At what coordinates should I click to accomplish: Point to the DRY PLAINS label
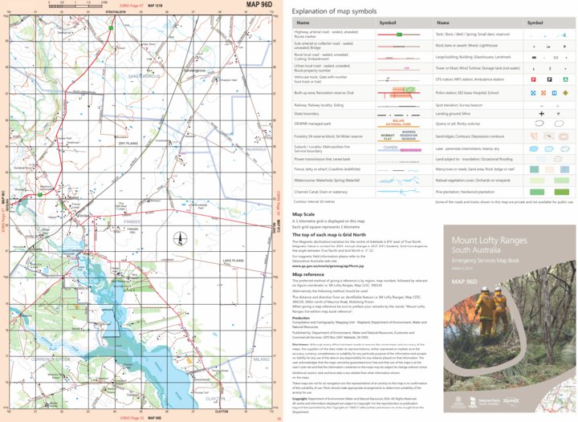128,143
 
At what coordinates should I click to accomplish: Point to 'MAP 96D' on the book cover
469,278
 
